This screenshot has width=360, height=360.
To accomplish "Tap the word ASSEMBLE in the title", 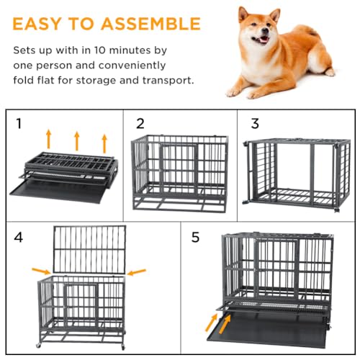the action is point(150,24).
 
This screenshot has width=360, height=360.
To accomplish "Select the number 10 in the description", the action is point(99,50).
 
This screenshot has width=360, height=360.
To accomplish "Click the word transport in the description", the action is point(168,81).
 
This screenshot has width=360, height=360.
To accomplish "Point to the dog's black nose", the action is point(265,30).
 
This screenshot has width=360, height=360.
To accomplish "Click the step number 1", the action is point(19,124).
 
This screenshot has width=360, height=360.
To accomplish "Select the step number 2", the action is point(140,124).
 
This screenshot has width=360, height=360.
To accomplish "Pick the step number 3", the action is point(255,124).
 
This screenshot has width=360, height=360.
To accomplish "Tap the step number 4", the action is point(19,238).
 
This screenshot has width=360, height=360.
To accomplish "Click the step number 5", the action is point(195,237).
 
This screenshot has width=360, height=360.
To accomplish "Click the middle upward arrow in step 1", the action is point(77,141).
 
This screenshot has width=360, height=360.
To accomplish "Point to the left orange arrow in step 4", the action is point(41,271).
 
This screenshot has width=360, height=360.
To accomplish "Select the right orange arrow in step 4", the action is point(136,272).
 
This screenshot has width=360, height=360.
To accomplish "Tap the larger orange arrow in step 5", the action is point(225,324).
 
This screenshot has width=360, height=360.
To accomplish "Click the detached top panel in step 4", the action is point(89,249).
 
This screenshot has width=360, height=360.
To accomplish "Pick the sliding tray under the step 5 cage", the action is point(266,330).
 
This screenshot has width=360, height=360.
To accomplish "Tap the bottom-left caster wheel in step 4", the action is point(38,346).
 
